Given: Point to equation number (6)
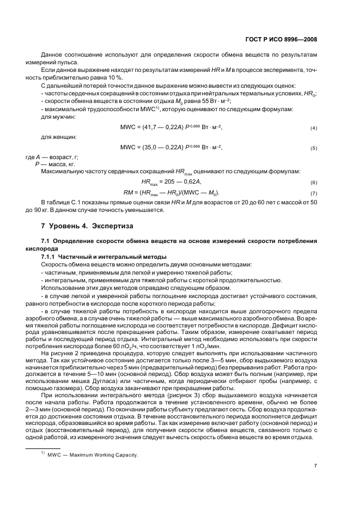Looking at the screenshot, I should pos(314,183).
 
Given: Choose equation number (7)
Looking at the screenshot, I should pos(314,193).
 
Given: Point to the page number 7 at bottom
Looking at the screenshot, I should pos(315,466).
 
